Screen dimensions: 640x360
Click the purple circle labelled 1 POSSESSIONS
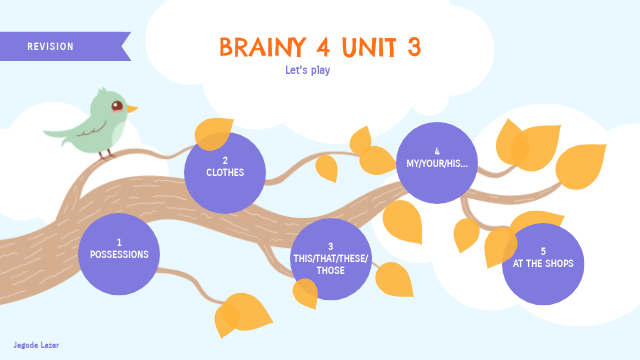coord(119,254)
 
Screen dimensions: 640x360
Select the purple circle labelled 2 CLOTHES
coord(226,172)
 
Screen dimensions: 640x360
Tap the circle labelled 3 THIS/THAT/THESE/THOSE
coord(331,258)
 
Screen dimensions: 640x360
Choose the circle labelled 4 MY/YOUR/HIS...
coord(437,162)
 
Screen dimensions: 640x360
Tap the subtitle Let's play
coord(308,70)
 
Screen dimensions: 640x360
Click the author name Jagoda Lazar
coord(36,344)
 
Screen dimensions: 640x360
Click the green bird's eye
coord(117,105)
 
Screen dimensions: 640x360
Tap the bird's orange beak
coord(132,108)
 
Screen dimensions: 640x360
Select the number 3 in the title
coord(413,47)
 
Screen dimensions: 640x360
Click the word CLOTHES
coord(226,172)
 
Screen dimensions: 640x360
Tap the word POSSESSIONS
coord(119,254)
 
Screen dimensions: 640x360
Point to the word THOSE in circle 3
coord(330,270)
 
